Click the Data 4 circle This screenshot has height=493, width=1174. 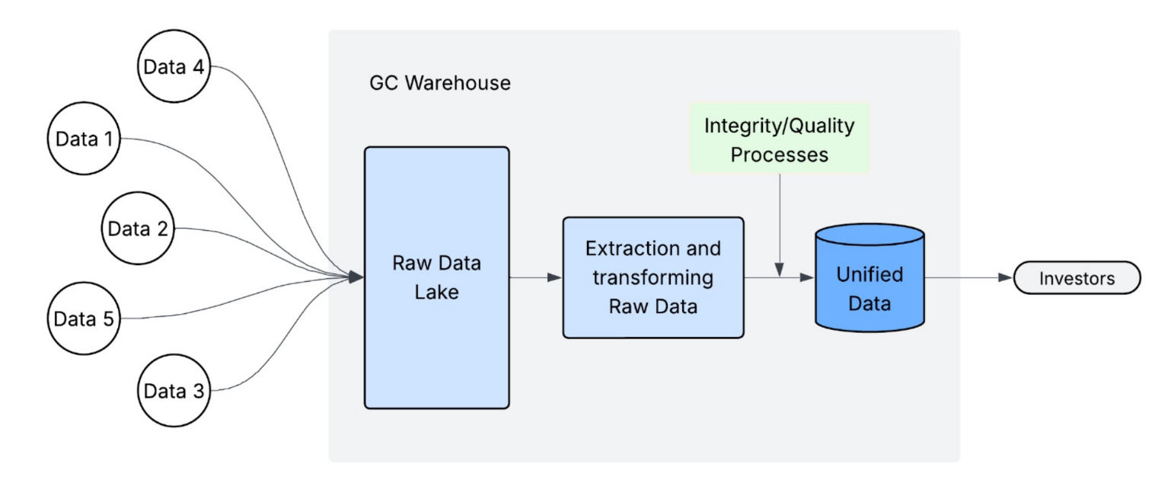point(174,67)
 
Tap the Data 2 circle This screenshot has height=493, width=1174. point(138,229)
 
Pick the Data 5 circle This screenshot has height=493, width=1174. point(83,318)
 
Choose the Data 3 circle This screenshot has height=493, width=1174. point(174,392)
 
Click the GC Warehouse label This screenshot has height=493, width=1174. point(440,83)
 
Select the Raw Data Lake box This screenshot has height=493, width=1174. point(436,277)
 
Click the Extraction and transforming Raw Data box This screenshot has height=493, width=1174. point(652,277)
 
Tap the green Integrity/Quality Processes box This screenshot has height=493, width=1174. point(779,139)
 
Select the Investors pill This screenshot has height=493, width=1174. point(1077,278)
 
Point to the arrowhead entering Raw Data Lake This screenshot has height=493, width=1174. point(356,277)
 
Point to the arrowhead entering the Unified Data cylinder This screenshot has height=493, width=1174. point(808,278)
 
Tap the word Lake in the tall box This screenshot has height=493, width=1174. point(436,291)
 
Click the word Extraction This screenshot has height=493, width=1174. point(652,249)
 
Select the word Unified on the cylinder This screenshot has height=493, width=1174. point(869,274)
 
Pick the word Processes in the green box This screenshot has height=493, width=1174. point(779,154)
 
